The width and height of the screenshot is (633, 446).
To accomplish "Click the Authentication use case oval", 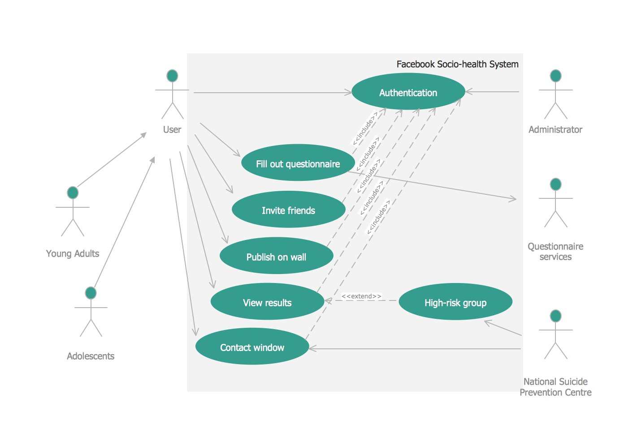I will [408, 92].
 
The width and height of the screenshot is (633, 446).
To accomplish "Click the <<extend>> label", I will [361, 296].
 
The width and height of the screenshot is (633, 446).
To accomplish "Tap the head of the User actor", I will [172, 76].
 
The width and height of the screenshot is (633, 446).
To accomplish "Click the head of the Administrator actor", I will [555, 76].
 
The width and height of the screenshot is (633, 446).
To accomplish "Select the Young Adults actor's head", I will [73, 193].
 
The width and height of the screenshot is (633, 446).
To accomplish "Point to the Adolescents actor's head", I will [91, 293].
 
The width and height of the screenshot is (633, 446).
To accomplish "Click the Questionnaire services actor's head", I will [555, 184].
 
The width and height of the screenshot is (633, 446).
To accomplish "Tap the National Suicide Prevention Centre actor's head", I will [555, 316].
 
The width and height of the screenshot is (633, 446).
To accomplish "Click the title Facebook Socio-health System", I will [457, 64].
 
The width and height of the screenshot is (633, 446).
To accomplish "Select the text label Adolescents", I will [91, 356].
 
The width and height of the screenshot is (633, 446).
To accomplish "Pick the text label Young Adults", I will [73, 253].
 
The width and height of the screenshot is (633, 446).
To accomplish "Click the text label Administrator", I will [555, 129].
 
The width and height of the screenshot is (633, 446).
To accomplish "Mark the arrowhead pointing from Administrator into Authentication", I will [468, 92].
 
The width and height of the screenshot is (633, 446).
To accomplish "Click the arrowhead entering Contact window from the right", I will [312, 348].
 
